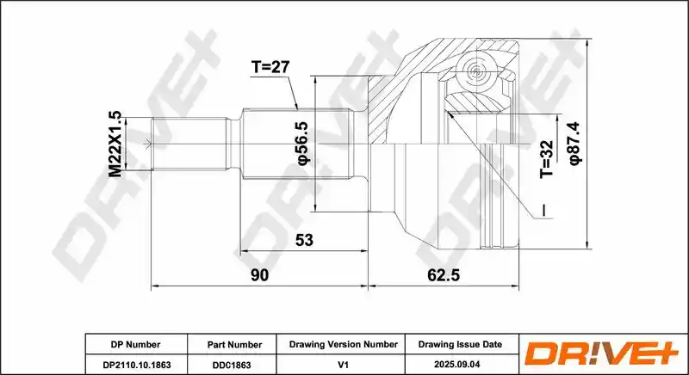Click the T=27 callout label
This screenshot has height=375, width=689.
[x=270, y=67]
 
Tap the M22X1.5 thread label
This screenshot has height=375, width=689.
[x=115, y=144]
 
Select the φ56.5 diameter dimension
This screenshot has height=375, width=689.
[x=304, y=144]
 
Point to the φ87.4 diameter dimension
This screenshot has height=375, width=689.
[x=574, y=144]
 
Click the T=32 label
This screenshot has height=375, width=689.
[x=547, y=159]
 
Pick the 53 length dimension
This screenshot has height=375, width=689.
[x=305, y=240]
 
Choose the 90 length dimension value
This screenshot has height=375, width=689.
[x=259, y=275]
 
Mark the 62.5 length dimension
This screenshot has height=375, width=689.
[x=444, y=275]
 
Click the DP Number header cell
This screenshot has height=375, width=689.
[x=136, y=344]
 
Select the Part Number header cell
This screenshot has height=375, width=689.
[x=234, y=345]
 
